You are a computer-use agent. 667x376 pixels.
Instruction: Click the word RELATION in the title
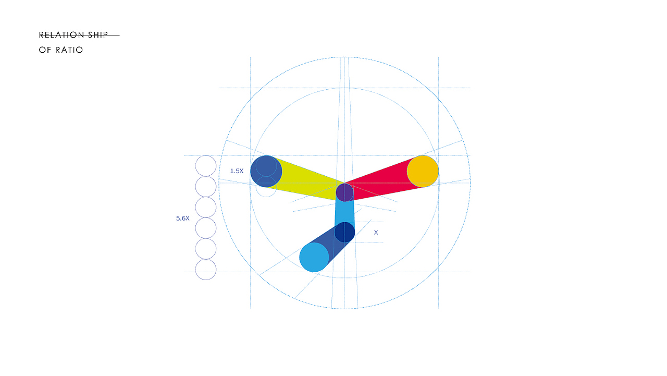pyautogui.click(x=61, y=35)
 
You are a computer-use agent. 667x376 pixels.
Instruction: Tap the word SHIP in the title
pyautogui.click(x=98, y=35)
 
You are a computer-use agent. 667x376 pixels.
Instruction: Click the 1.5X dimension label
pyautogui.click(x=237, y=171)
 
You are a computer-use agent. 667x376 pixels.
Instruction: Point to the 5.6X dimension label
pyautogui.click(x=182, y=219)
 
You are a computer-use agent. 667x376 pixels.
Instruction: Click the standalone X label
pyautogui.click(x=376, y=233)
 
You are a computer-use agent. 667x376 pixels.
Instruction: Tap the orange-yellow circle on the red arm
pyautogui.click(x=423, y=172)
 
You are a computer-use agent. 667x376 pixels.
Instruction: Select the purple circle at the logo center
pyautogui.click(x=344, y=192)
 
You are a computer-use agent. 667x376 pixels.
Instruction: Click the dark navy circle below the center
pyautogui.click(x=344, y=232)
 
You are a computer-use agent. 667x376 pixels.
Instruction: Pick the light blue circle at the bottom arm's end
pyautogui.click(x=314, y=257)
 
